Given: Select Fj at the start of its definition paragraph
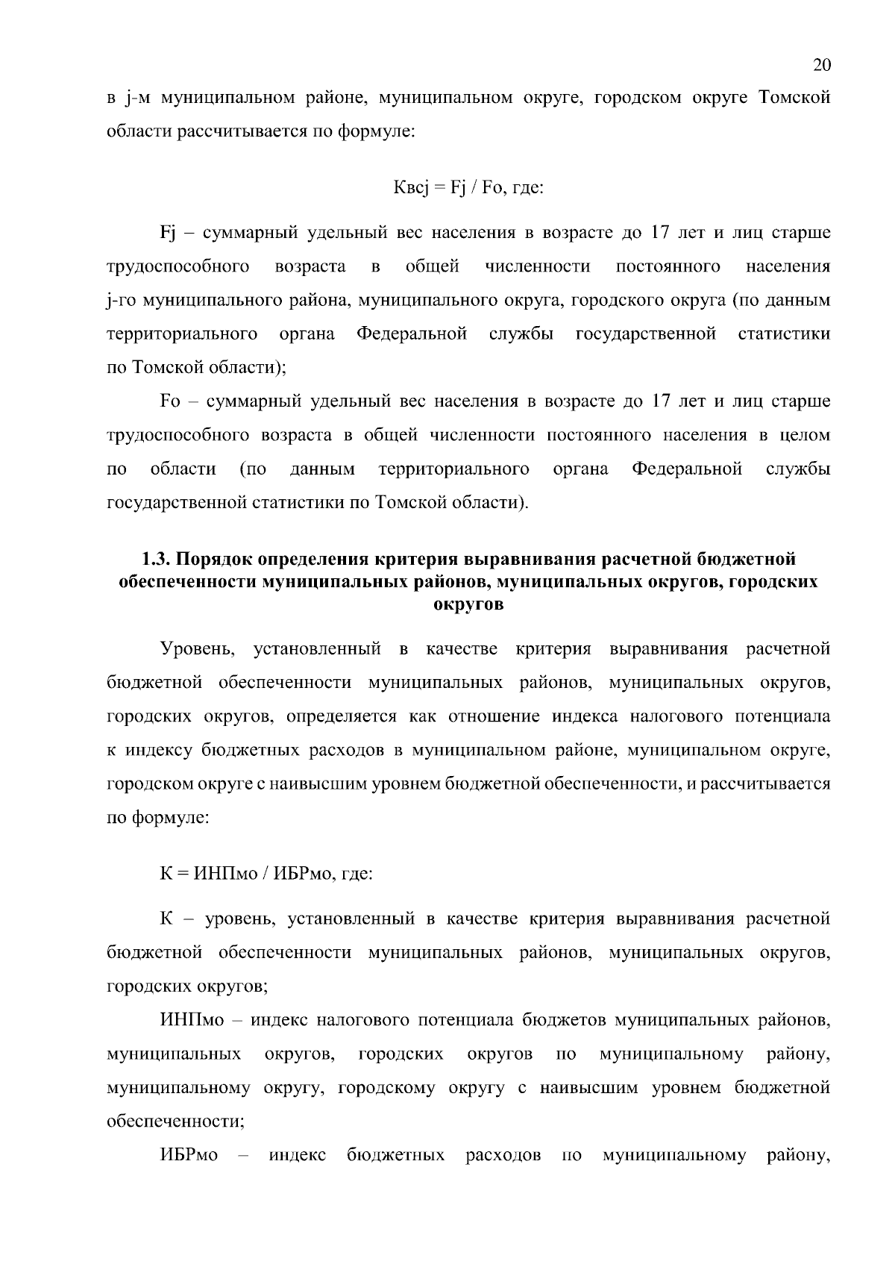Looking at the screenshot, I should [x=168, y=234].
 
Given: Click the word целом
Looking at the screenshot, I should [x=805, y=435].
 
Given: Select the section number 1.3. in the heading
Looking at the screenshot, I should [x=157, y=560].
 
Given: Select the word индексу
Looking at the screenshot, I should [x=154, y=751].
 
